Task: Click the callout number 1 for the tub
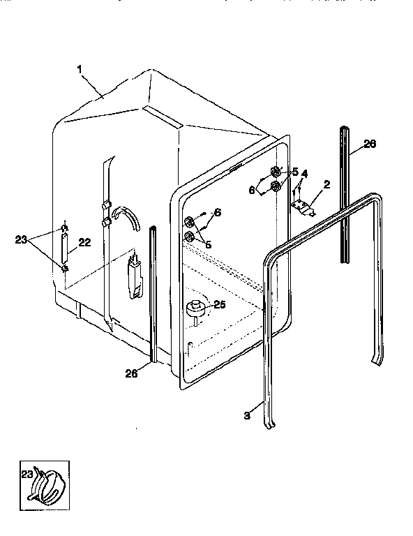(x=81, y=70)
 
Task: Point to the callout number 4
(x=304, y=173)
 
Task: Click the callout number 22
(x=84, y=243)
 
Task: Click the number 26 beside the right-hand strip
(x=370, y=144)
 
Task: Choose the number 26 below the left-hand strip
(x=132, y=374)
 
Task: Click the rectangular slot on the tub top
(x=163, y=117)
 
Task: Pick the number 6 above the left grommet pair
(x=217, y=212)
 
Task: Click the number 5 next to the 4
(x=294, y=172)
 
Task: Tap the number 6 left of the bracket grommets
(x=253, y=189)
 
